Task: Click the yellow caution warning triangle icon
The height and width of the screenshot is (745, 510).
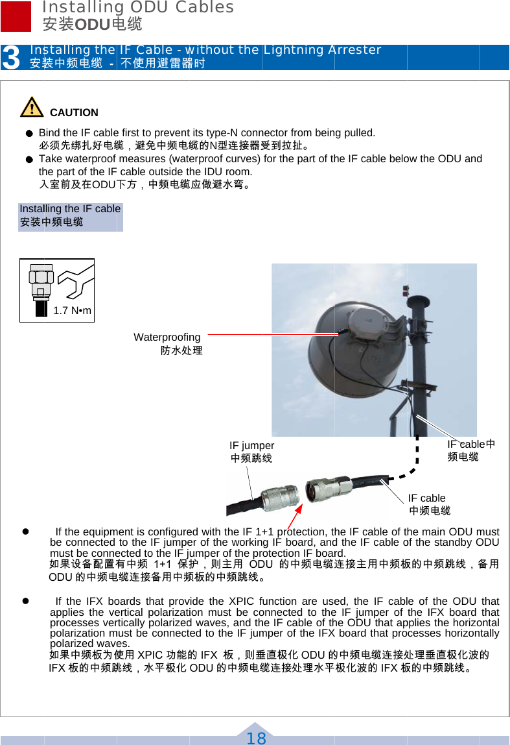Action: [x=31, y=107]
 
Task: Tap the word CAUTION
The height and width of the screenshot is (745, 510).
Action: [x=74, y=113]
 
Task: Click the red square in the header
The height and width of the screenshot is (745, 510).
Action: [x=16, y=16]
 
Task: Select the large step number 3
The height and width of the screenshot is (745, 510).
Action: [x=11, y=58]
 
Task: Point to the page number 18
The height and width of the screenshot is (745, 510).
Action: [x=256, y=738]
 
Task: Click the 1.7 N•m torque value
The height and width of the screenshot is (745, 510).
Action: [x=72, y=311]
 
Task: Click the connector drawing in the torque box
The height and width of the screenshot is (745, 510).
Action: [x=41, y=289]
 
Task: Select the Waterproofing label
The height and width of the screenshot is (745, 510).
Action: [x=167, y=337]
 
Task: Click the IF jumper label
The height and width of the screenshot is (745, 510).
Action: [x=251, y=446]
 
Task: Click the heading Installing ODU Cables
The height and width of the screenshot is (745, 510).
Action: [x=137, y=8]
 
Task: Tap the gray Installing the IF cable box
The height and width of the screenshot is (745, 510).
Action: [x=70, y=216]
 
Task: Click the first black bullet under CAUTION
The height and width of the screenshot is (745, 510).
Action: [x=29, y=134]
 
